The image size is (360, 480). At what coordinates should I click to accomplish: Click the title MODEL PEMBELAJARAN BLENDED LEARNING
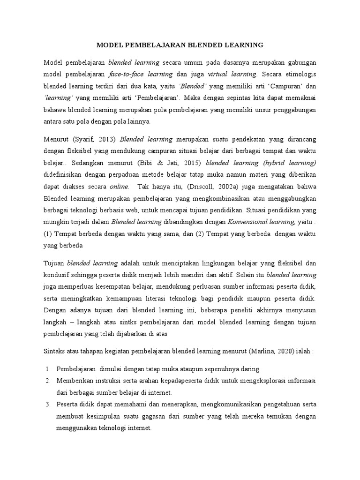click(180, 45)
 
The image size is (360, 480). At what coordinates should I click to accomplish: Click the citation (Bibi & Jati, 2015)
click(178, 163)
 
